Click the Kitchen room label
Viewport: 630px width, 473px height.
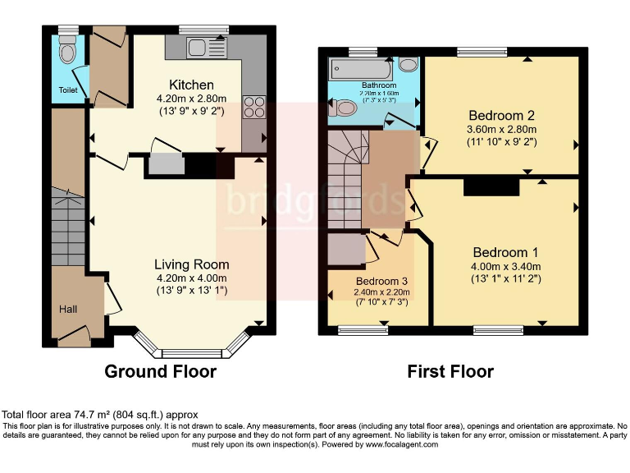pos(191,85)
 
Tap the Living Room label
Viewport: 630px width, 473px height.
pos(192,264)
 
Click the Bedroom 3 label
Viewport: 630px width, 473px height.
pos(381,281)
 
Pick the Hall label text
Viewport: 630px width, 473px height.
pos(68,309)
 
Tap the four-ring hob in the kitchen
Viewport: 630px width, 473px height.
pos(253,107)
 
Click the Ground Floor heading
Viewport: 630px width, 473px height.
pos(160,372)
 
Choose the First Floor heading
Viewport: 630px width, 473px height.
pos(450,372)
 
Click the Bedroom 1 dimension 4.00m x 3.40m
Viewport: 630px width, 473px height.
pos(505,266)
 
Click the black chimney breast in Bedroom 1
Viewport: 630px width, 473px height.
pos(491,187)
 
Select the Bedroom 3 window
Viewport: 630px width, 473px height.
pos(363,331)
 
